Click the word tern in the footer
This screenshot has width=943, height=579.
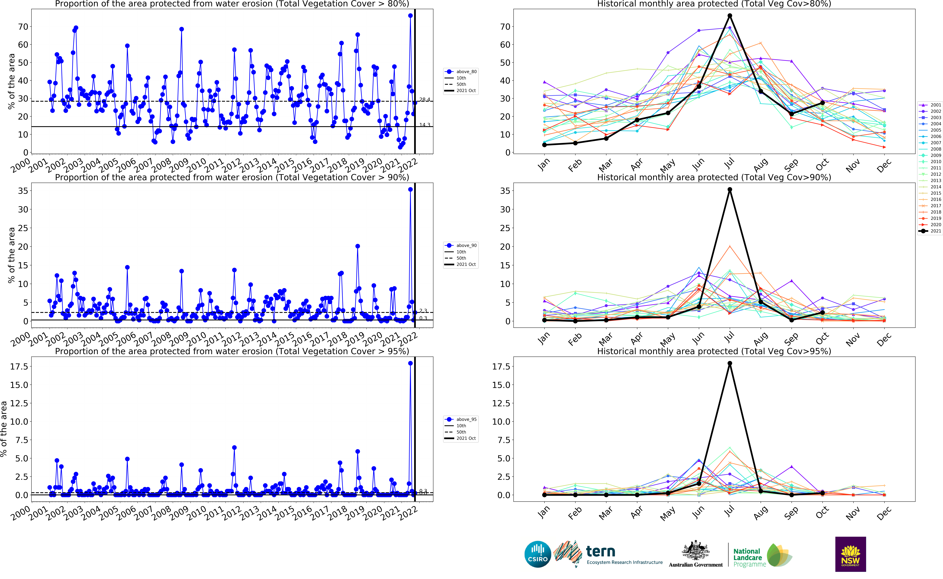pos(600,551)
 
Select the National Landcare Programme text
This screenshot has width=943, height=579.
pos(747,558)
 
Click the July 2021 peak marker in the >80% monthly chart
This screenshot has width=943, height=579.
pos(730,16)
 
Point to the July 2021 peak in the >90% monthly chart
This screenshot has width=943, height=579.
pos(730,190)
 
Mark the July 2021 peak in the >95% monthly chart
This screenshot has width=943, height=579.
pos(730,363)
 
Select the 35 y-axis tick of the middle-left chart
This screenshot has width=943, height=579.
pos(23,191)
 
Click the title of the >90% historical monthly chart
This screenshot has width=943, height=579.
pos(714,177)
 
